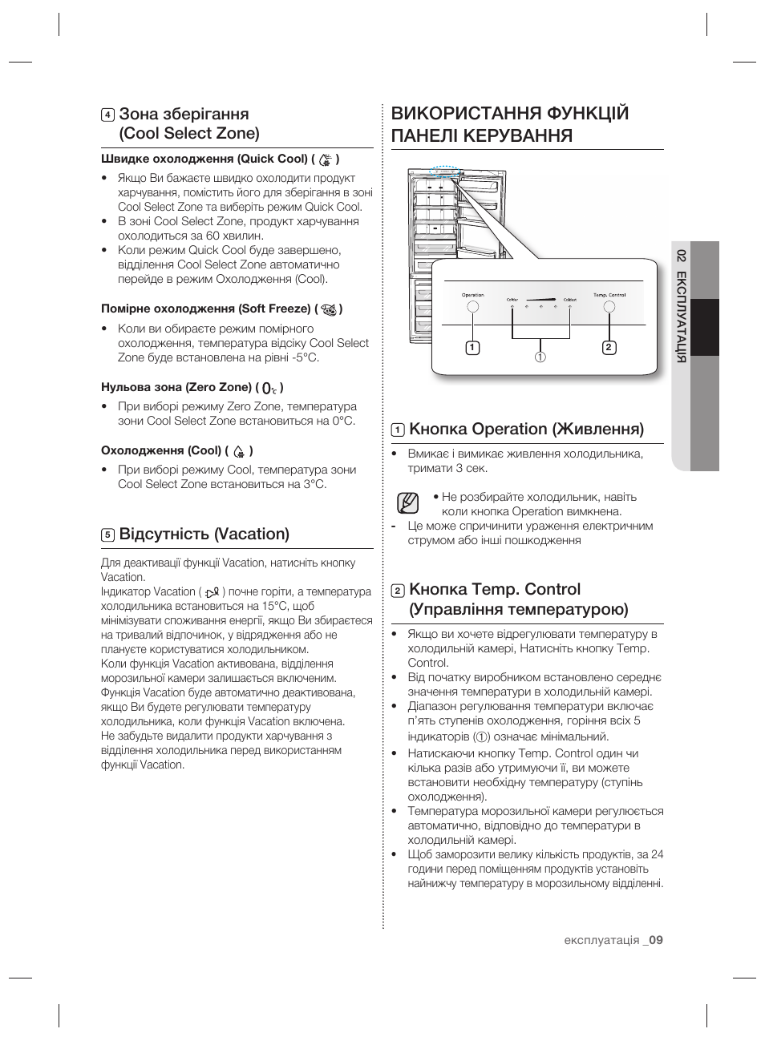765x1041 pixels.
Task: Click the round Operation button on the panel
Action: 473,307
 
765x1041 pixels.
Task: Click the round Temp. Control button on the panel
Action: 609,307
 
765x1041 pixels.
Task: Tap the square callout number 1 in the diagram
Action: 473,347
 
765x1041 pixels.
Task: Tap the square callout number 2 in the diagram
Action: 609,347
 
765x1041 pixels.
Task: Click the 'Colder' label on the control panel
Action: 512,301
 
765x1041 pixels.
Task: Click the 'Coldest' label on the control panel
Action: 569,301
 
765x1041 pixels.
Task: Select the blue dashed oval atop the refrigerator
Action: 443,170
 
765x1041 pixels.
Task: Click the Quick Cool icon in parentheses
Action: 325,159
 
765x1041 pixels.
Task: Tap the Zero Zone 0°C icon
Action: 269,388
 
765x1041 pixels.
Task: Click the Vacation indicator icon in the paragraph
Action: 212,591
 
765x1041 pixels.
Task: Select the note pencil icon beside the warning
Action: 407,503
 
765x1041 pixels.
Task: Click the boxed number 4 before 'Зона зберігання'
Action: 107,115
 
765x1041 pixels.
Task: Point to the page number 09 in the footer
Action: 657,940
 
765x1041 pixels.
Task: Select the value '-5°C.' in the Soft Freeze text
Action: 302,357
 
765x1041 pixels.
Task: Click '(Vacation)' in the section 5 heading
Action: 252,534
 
